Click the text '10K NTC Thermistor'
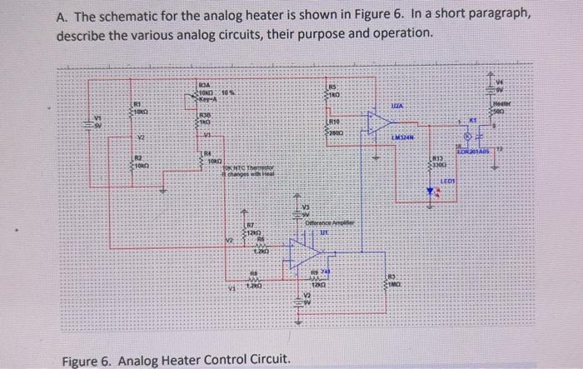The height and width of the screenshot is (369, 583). pyautogui.click(x=247, y=168)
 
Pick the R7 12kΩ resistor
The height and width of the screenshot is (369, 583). pyautogui.click(x=244, y=228)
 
